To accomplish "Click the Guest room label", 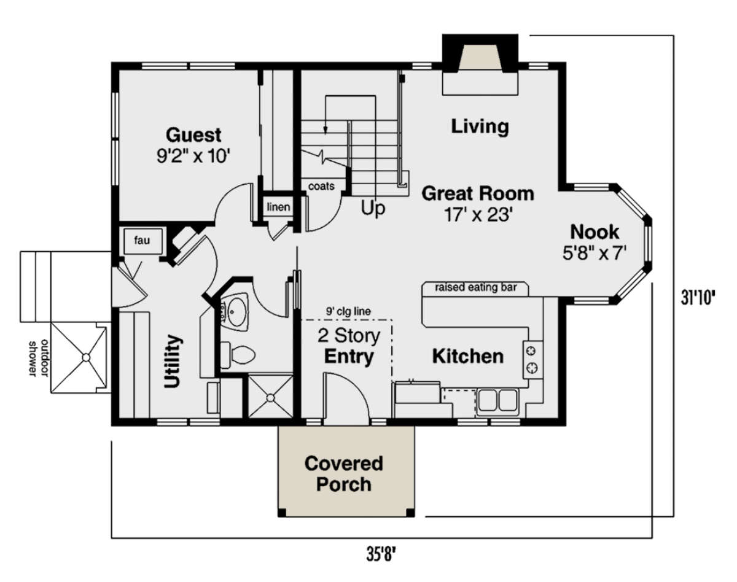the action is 193,135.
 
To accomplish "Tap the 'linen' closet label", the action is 278,207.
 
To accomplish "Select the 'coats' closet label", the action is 321,186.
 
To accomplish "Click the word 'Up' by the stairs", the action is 373,208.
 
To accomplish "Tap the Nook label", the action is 595,232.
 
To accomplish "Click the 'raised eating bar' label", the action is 476,287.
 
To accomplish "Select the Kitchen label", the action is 468,356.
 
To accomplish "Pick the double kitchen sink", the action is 498,400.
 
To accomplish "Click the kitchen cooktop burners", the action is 532,360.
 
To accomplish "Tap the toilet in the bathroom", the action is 238,355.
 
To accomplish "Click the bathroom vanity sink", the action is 233,311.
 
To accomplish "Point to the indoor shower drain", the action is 270,398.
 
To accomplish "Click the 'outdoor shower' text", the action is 38,359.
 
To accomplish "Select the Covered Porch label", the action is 343,474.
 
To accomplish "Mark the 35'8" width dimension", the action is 381,554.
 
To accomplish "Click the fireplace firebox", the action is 480,56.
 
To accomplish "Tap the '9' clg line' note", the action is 348,311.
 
